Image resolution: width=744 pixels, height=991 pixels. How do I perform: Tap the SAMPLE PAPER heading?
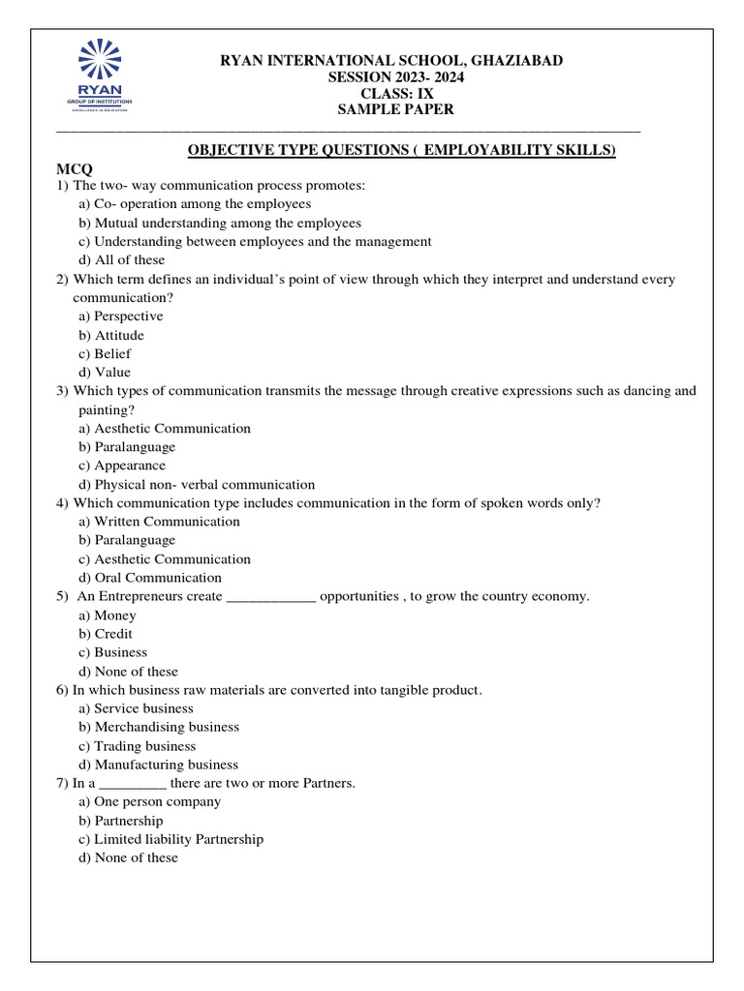(x=394, y=110)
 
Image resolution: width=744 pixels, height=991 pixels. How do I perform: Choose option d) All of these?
(x=122, y=260)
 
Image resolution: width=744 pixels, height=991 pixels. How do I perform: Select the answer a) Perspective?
(x=121, y=316)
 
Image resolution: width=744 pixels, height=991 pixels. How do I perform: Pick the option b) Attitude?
(x=111, y=335)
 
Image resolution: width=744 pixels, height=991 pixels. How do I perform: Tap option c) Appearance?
(x=122, y=465)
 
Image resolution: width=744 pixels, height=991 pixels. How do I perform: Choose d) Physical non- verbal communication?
(x=197, y=485)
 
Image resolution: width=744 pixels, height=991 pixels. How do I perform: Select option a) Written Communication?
(x=159, y=522)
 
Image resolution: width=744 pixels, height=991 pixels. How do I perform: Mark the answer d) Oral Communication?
(x=150, y=578)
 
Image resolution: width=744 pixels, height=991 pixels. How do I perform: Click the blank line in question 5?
(x=270, y=597)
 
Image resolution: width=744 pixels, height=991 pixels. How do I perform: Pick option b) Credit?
(x=106, y=634)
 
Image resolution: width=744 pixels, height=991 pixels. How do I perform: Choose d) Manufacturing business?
(x=158, y=765)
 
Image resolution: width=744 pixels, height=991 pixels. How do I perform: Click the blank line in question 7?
(x=133, y=784)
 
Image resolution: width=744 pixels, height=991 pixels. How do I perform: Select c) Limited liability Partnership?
(x=170, y=839)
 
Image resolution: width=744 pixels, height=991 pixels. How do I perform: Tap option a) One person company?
(x=149, y=802)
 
